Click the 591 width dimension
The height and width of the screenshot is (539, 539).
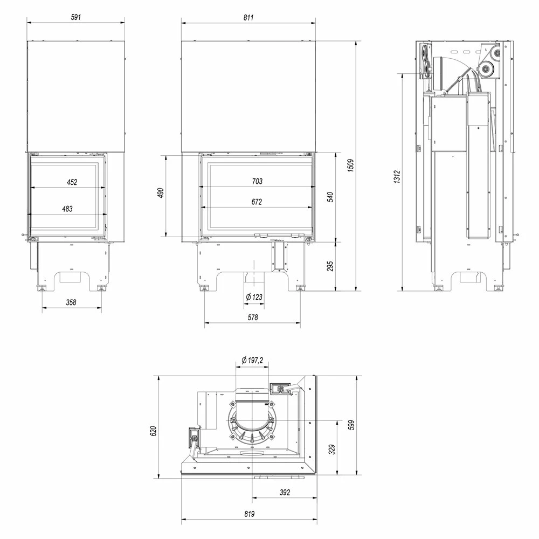tap(76, 17)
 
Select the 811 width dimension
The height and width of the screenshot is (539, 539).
tap(248, 17)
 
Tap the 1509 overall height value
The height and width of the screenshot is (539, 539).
tap(350, 165)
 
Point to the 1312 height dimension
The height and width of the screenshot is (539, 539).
tap(397, 177)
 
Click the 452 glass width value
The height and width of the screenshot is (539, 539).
tap(72, 182)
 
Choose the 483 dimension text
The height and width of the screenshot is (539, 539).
tap(67, 209)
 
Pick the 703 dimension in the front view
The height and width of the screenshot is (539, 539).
tap(257, 181)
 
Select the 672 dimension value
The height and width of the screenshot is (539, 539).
tap(257, 202)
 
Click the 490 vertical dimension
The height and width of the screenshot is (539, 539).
tap(161, 193)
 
